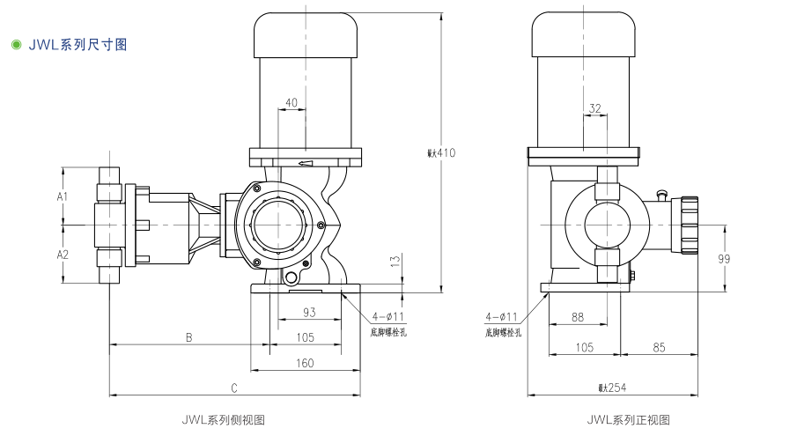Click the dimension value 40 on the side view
pos(291,103)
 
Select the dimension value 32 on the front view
pos(595,108)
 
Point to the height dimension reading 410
pos(442,152)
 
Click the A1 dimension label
pos(63,196)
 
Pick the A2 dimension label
pos(63,255)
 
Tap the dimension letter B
pos(188,337)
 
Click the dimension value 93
pos(309,312)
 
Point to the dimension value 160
pos(305,362)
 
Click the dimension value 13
pos(395,262)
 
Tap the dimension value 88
pos(578,316)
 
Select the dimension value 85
pos(659,346)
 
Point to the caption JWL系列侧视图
pos(223,420)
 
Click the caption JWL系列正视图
pos(629,420)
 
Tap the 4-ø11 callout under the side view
pos(387,316)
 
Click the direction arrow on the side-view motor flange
pos(306,163)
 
